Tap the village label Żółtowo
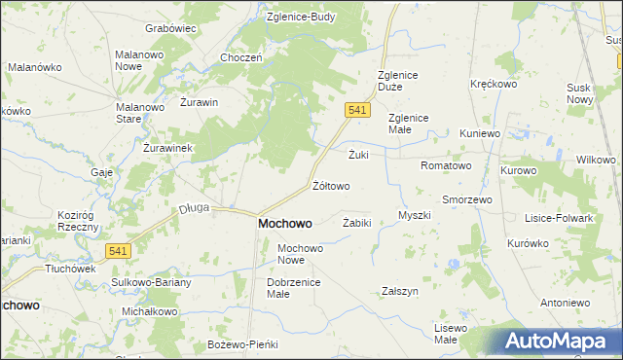click(330, 185)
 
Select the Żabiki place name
click(357, 223)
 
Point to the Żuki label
click(358, 154)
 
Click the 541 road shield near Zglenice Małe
click(357, 111)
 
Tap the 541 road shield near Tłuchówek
click(119, 250)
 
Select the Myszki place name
click(415, 215)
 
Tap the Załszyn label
click(400, 291)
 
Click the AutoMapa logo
click(559, 342)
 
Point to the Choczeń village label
click(241, 57)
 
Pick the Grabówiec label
click(170, 28)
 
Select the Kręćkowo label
click(493, 84)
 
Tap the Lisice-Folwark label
click(558, 218)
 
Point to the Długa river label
click(195, 207)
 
